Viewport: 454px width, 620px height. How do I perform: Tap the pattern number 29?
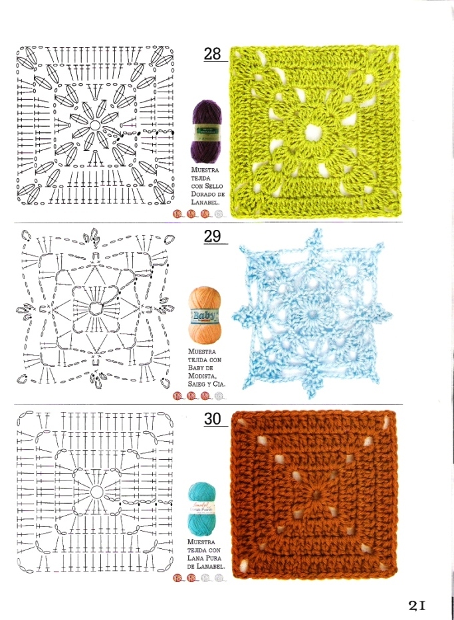212,236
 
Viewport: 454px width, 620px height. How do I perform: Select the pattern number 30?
212,419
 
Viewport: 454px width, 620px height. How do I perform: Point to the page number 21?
417,605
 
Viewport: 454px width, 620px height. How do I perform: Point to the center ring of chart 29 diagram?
95,310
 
